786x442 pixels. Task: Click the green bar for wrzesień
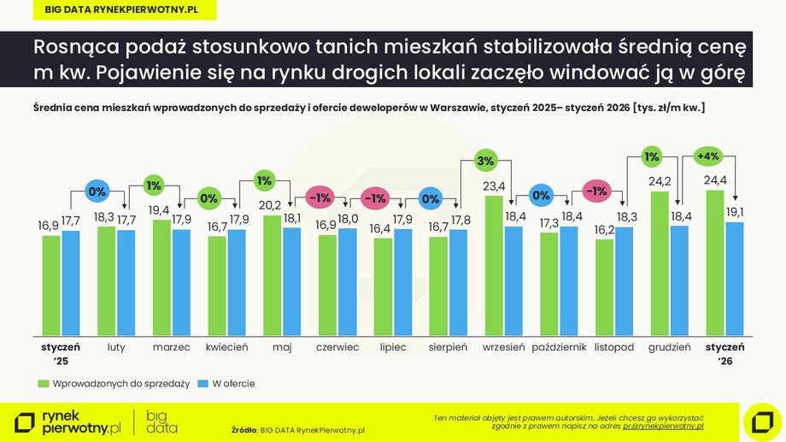click(x=494, y=265)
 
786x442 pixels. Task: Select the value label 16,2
click(x=605, y=230)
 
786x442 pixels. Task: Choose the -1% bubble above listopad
click(x=596, y=191)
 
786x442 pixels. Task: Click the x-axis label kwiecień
click(x=226, y=348)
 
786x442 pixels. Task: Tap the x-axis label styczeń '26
click(x=724, y=353)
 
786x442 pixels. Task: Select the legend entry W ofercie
click(x=226, y=384)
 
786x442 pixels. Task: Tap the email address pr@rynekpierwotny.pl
click(x=663, y=425)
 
